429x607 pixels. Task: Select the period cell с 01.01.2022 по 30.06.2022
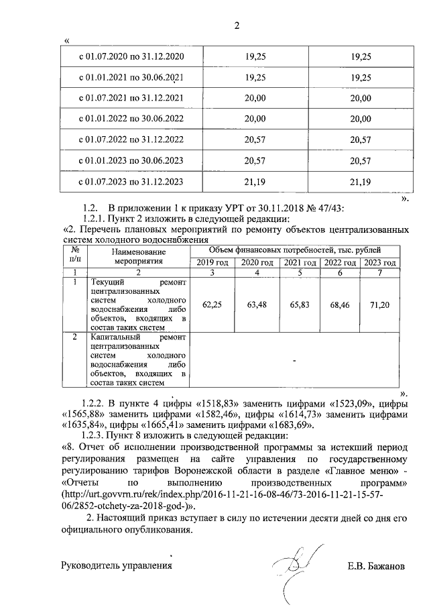coord(131,119)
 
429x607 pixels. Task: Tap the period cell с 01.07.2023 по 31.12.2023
coord(131,182)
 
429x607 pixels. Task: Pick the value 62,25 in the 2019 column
coord(212,305)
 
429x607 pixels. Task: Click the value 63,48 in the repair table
coord(257,305)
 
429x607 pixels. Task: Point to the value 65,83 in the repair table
coord(300,305)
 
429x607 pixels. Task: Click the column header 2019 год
coord(212,262)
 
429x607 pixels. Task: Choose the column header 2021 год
coord(300,262)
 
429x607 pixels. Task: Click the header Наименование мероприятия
coord(139,256)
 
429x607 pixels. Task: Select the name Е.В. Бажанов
coord(376,566)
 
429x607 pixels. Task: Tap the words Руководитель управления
coord(117,566)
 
